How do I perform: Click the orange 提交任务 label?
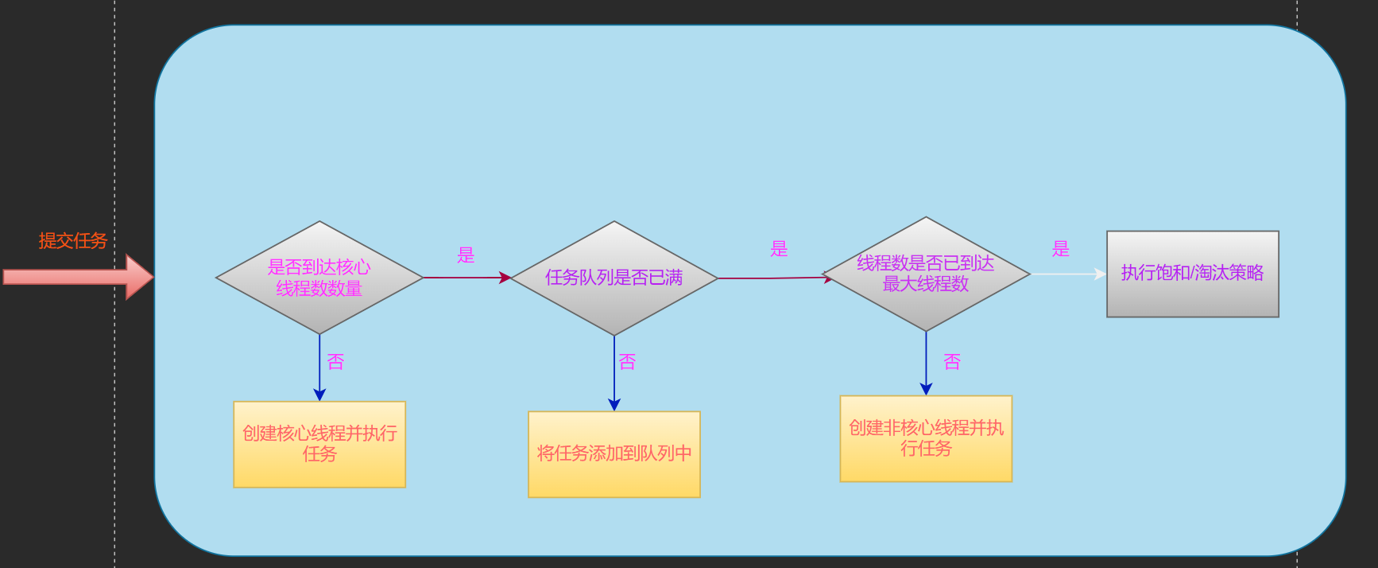72,240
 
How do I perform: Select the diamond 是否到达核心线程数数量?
319,278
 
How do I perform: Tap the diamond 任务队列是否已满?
614,278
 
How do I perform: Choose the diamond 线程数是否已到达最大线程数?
926,274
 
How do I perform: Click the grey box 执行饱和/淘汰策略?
1192,274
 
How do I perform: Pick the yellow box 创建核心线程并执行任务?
319,444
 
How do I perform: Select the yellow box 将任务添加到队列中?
614,453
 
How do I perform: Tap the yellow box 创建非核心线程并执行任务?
926,438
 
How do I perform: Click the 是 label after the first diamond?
466,255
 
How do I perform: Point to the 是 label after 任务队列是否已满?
779,249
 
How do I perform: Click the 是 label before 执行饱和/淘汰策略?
1061,249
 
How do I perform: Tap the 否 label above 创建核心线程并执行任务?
335,362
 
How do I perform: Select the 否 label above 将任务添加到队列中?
627,362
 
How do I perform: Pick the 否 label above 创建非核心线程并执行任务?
952,362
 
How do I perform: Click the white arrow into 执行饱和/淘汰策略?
1068,274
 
